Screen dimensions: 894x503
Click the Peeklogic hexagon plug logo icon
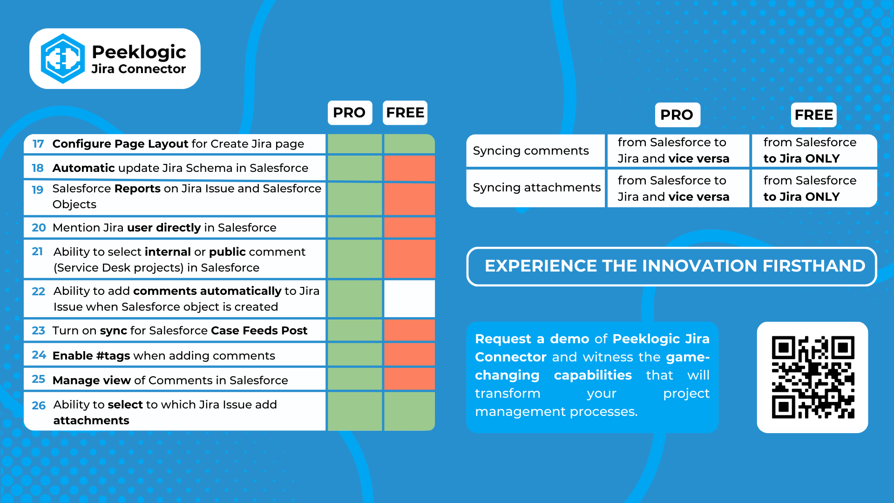[x=63, y=59]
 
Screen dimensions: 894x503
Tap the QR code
[x=813, y=377]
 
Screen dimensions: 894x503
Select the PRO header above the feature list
[x=350, y=113]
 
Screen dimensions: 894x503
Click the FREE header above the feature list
[x=405, y=113]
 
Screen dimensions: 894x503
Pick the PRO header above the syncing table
[x=677, y=115]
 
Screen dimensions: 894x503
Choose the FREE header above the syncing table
[x=813, y=115]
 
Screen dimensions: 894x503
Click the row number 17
[x=38, y=144]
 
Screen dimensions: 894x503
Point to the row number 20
[x=39, y=228]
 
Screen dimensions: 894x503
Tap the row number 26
[x=39, y=406]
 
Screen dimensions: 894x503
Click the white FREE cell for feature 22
[x=409, y=299]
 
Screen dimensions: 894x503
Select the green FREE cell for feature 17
[x=409, y=144]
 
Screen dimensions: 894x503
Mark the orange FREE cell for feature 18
[x=409, y=168]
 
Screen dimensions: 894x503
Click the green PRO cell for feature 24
[x=355, y=355]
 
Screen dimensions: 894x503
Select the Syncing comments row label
[x=531, y=151]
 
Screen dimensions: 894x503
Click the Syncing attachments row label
[x=536, y=188]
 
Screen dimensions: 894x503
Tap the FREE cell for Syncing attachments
[x=814, y=188]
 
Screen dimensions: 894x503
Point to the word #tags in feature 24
[x=113, y=356]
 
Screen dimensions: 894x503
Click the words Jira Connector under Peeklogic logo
[x=138, y=69]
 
